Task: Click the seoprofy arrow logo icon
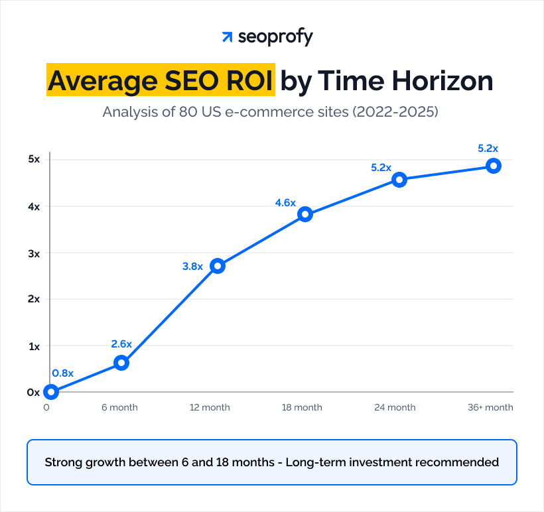[x=227, y=37]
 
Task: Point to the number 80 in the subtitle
[x=188, y=111]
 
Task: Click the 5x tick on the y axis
[x=33, y=159]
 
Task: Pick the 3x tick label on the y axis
[x=33, y=253]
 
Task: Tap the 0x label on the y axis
[x=33, y=392]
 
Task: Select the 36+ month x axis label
[x=490, y=407]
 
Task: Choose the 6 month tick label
[x=120, y=407]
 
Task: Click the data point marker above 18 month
[x=305, y=214]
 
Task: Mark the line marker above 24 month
[x=399, y=180]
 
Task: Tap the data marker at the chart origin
[x=51, y=392]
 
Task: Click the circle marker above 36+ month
[x=493, y=166]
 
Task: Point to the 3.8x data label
[x=192, y=267]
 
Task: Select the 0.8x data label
[x=62, y=373]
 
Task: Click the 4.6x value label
[x=285, y=203]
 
